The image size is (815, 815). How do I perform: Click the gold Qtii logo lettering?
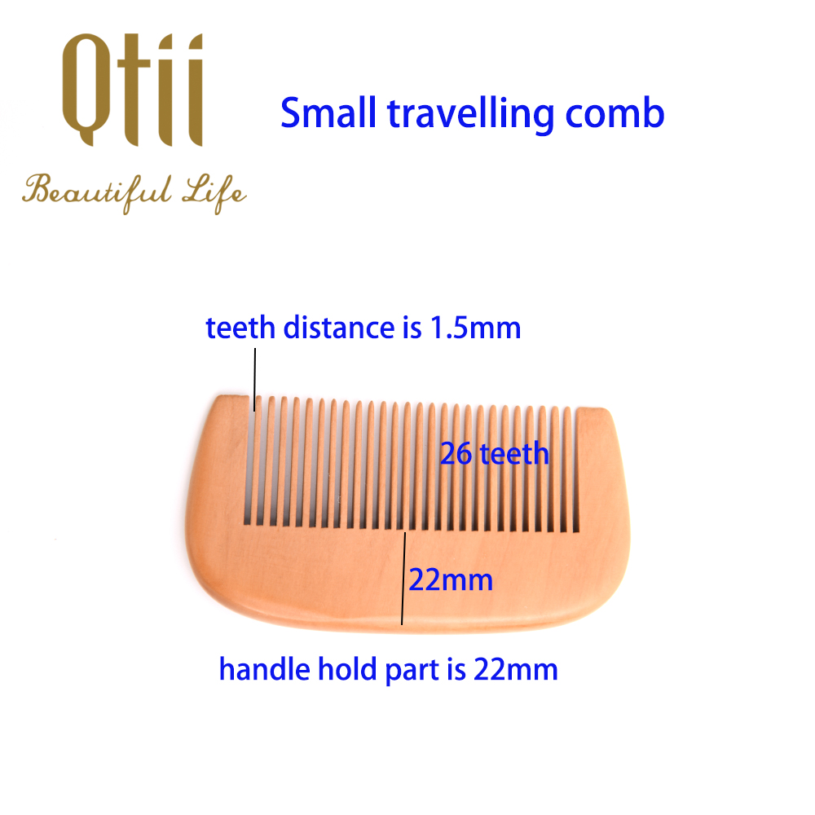click(133, 90)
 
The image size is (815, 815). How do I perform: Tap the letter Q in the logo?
click(86, 90)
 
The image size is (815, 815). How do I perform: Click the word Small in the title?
click(328, 112)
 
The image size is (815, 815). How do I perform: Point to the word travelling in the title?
click(471, 115)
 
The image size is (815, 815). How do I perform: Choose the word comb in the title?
click(615, 112)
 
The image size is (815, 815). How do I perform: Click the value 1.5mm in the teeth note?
click(476, 328)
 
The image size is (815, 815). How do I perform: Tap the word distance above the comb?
click(339, 328)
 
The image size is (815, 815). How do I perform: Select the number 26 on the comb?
click(456, 454)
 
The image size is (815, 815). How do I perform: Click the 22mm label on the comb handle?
click(451, 579)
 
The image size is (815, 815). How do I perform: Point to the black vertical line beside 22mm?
click(403, 578)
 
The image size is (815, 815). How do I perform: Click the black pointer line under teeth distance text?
click(254, 380)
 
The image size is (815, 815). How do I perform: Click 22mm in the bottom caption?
click(516, 669)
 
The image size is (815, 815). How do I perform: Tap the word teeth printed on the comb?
click(514, 454)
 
